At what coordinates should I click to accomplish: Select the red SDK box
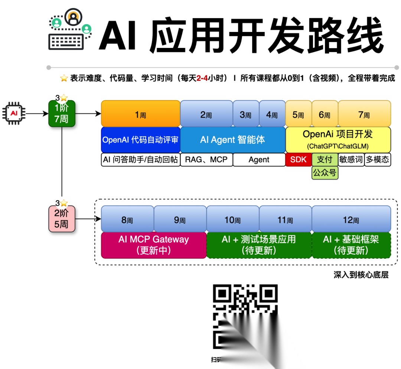coord(298,160)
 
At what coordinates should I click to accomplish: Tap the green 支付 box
coord(325,160)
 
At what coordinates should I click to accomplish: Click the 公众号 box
coord(325,173)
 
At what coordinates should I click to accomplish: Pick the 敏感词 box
coord(351,160)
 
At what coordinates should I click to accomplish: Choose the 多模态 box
coord(378,160)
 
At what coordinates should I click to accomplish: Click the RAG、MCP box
coord(206,160)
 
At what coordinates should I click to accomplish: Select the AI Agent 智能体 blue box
coord(232,140)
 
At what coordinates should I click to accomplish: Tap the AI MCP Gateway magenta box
coord(154,245)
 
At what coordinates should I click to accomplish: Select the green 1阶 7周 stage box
coord(62,114)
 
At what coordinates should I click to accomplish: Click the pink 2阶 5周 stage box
coord(62,219)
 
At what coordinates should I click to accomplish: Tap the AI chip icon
coord(14,112)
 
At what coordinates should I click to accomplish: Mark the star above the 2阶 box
coord(64,203)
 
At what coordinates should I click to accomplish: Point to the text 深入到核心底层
coord(361,275)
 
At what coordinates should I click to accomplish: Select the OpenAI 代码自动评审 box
coord(140,140)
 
